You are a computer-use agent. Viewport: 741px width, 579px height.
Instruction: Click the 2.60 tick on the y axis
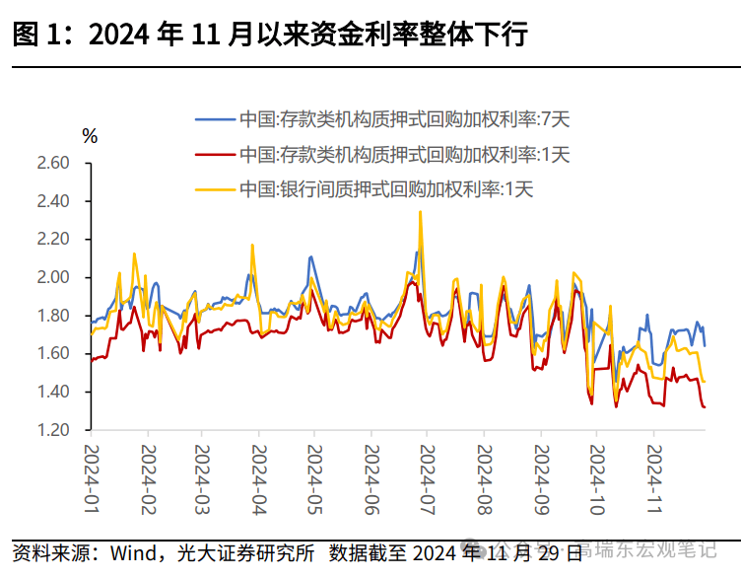(54, 163)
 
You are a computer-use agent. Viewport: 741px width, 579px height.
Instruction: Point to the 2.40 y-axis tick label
(54, 201)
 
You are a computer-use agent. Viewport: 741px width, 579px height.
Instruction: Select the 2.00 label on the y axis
(54, 278)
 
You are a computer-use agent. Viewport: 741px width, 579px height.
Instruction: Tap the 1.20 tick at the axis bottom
(54, 431)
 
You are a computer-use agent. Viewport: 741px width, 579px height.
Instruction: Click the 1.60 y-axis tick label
(54, 354)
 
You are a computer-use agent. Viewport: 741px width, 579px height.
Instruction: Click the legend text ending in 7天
(404, 119)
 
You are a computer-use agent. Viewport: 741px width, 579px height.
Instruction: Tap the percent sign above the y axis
(90, 136)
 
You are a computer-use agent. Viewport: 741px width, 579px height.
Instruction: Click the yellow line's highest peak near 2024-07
(421, 211)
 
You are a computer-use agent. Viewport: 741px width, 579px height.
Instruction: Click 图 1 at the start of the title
(37, 35)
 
